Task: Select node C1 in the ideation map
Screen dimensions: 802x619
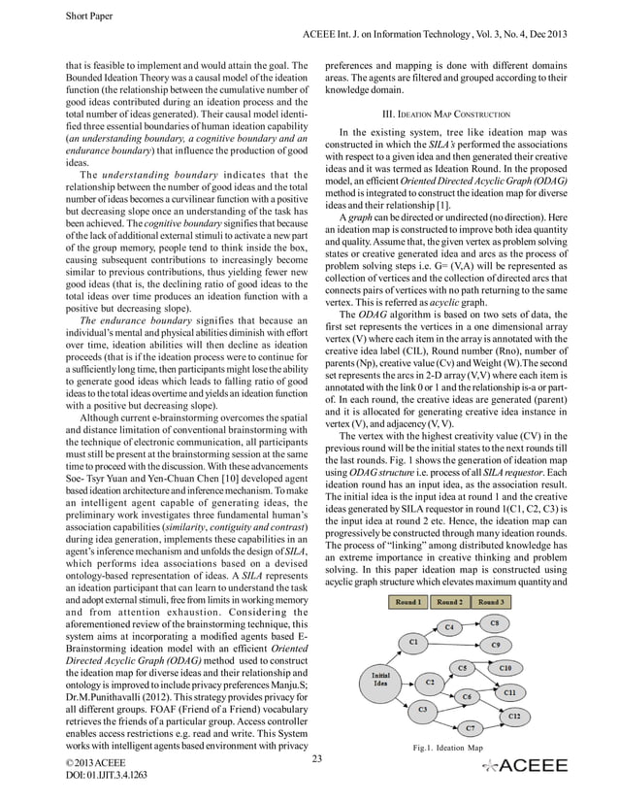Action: (414, 642)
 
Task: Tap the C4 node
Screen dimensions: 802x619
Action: (448, 627)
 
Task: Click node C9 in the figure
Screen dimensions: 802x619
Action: (495, 645)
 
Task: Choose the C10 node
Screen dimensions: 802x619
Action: (505, 669)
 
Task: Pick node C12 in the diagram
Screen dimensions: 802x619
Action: (514, 716)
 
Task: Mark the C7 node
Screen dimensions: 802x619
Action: (470, 727)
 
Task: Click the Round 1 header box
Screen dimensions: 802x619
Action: (408, 602)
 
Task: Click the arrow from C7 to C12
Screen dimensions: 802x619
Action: (492, 721)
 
